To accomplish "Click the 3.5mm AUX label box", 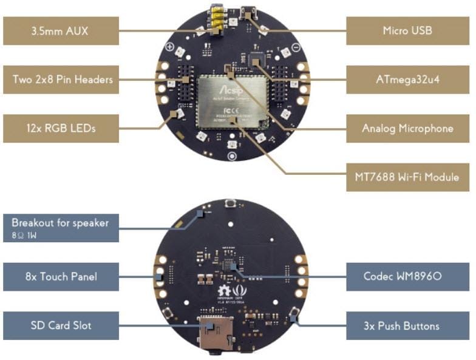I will [x=60, y=30].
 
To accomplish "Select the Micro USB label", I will [x=407, y=30].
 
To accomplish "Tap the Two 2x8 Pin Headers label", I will [x=60, y=80].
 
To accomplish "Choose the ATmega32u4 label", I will [x=407, y=80].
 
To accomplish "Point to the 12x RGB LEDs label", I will [x=60, y=129].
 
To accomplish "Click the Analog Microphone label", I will [x=407, y=129].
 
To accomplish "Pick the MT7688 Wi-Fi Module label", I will [x=407, y=177].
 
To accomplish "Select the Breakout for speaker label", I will [x=60, y=223].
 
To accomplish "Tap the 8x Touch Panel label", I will [x=60, y=277].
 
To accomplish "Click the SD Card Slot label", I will [x=60, y=325].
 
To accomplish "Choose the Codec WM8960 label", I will [x=407, y=277].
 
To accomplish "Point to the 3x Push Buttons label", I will [x=407, y=326].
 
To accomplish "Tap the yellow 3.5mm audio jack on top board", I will [x=216, y=17].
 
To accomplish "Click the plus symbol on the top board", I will [x=170, y=47].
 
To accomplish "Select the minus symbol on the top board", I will [x=295, y=47].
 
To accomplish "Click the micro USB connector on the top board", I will [x=248, y=12].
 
